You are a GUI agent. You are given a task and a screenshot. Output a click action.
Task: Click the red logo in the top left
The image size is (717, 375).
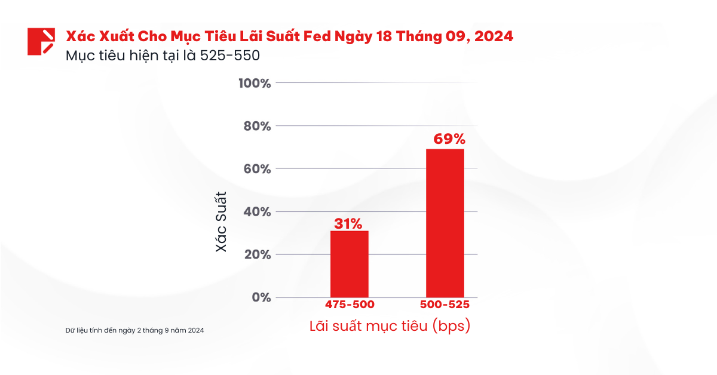pos(41,41)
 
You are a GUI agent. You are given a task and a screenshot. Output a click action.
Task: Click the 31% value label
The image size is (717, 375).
pos(348,224)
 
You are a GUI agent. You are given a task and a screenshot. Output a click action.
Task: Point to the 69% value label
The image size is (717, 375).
pos(445,140)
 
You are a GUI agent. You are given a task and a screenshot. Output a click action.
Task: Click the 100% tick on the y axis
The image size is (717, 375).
pos(255,83)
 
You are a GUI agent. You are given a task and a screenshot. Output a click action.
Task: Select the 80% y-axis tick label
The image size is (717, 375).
pos(257,126)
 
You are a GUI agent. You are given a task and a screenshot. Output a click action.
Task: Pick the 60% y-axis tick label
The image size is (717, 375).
pos(257,169)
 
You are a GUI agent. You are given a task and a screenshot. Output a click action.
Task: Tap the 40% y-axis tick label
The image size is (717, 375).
pos(257,212)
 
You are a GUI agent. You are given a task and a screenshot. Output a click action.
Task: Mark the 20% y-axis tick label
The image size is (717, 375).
pos(257,255)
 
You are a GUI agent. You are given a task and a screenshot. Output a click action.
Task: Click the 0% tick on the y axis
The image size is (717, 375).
pos(261,297)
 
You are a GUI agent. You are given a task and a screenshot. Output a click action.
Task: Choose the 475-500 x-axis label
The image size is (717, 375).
pos(350,305)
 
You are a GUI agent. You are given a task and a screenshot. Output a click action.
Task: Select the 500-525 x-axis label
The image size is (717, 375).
pos(445,305)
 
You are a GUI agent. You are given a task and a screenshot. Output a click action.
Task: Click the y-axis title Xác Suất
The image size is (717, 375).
pos(222,221)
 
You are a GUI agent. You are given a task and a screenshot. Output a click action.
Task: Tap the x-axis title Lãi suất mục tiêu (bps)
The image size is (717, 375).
pos(390,327)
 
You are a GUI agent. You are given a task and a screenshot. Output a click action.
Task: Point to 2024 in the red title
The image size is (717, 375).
pos(494,36)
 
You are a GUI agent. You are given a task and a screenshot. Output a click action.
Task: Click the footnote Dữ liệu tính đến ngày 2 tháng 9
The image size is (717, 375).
pos(135,330)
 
